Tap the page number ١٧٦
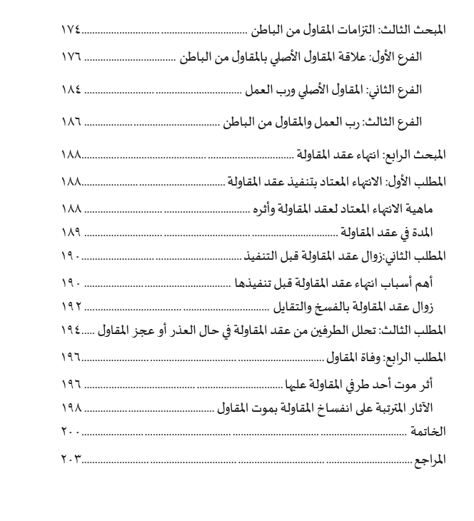tap(72, 56)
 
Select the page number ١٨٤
tap(72, 91)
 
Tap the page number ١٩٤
tap(69, 330)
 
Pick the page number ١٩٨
tap(72, 408)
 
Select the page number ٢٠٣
tap(69, 459)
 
